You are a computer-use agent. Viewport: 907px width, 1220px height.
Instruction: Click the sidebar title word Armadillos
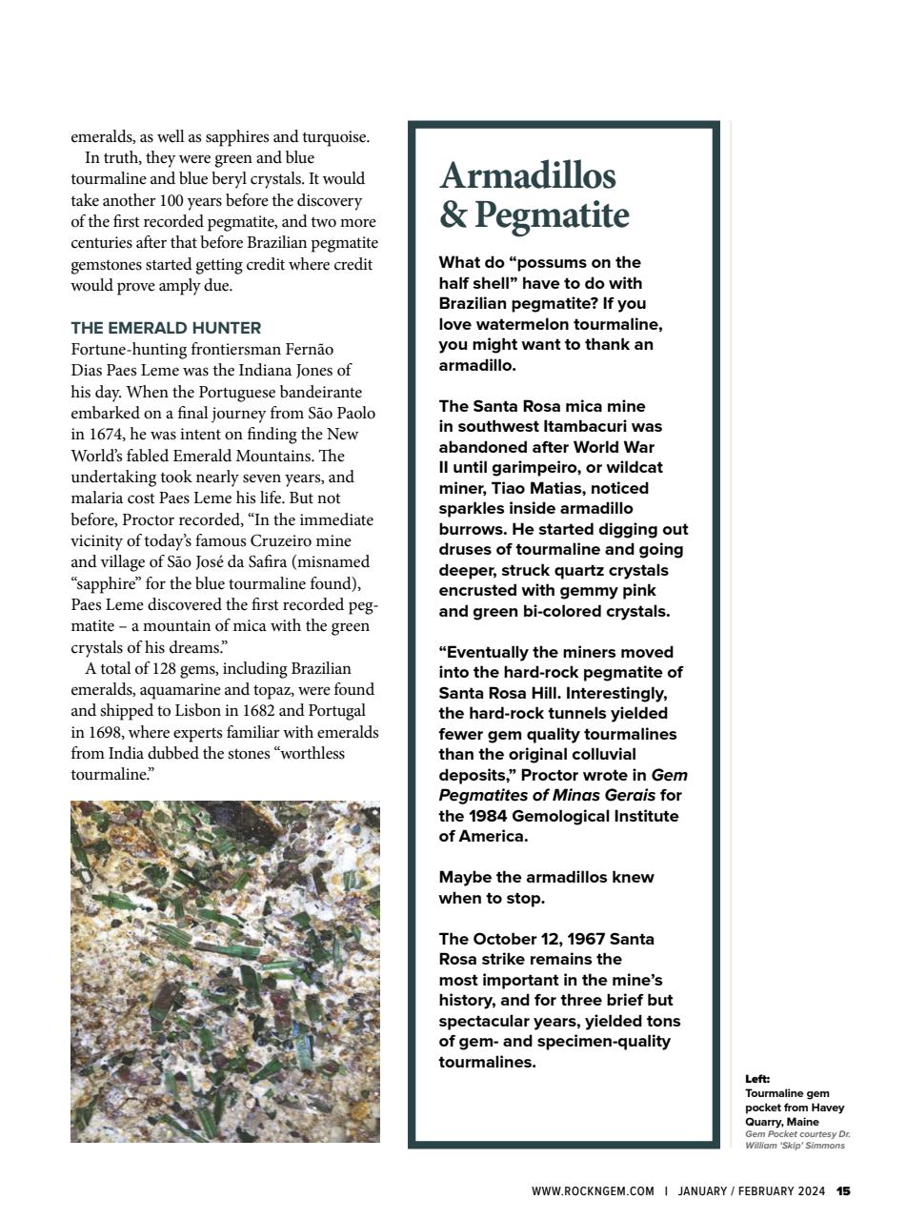click(528, 175)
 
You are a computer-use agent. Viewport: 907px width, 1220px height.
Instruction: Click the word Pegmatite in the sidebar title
click(552, 214)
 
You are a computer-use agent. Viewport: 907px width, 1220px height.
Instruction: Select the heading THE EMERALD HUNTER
click(166, 327)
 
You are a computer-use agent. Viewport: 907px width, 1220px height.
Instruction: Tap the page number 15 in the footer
click(843, 1190)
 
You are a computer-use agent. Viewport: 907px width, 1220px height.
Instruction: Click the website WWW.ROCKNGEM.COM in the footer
click(593, 1190)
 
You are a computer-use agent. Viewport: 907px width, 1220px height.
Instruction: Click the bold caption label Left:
click(757, 1078)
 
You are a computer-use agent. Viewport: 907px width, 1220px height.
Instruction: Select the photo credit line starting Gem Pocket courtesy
click(796, 1140)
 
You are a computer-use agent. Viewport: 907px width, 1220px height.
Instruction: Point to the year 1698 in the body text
click(104, 732)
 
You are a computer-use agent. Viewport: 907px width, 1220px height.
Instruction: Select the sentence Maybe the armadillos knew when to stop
click(546, 887)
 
